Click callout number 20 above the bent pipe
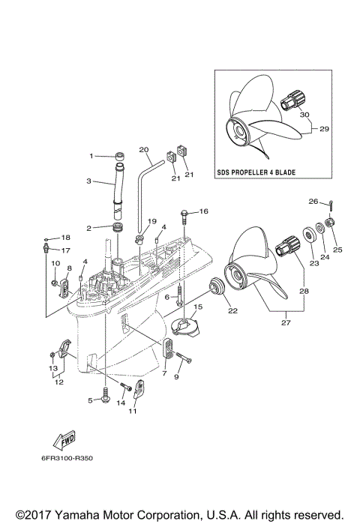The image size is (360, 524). coord(144,149)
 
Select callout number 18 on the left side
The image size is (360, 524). coord(65,237)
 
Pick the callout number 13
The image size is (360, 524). coord(53,369)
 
